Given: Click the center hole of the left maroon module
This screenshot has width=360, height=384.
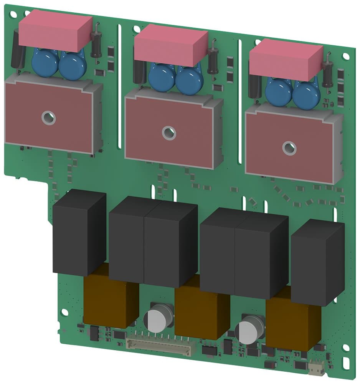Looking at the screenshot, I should pos(49,118).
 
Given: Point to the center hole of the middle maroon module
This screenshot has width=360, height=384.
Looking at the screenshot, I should pos(168,133).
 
